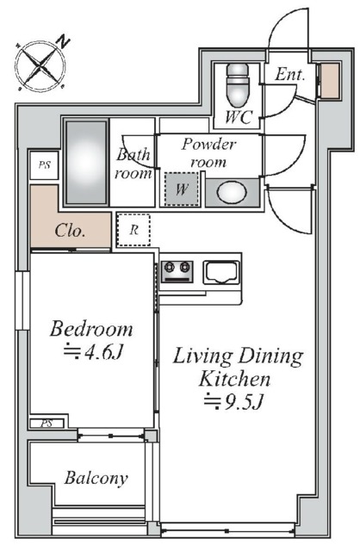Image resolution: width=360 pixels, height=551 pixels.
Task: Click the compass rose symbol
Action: pyautogui.click(x=40, y=65)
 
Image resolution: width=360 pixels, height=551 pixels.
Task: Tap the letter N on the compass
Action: pyautogui.click(x=63, y=41)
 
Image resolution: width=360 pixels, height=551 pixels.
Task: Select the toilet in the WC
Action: pyautogui.click(x=238, y=85)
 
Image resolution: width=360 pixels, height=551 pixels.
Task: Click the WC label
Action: pyautogui.click(x=239, y=117)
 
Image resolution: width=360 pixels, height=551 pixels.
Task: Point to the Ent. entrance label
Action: pyautogui.click(x=289, y=74)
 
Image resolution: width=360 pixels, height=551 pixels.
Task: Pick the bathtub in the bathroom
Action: pyautogui.click(x=86, y=163)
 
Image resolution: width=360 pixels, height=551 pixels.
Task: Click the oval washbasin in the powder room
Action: pyautogui.click(x=232, y=192)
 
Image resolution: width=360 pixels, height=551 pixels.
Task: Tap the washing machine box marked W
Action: pyautogui.click(x=182, y=189)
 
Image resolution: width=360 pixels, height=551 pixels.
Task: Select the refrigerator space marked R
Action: pyautogui.click(x=134, y=230)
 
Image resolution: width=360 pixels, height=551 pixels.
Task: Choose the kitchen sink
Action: pyautogui.click(x=221, y=272)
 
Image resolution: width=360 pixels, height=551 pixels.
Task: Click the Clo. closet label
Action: pyautogui.click(x=70, y=231)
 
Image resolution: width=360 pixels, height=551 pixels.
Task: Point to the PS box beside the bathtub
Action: pyautogui.click(x=44, y=164)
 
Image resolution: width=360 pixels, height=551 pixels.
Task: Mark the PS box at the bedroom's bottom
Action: pyautogui.click(x=47, y=424)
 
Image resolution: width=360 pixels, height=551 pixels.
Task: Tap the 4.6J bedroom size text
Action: pyautogui.click(x=93, y=351)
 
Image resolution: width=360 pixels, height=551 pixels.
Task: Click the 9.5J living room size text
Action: pyautogui.click(x=233, y=401)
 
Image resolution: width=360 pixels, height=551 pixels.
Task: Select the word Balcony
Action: pyautogui.click(x=96, y=479)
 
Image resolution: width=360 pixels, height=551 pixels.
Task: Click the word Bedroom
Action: pyautogui.click(x=91, y=329)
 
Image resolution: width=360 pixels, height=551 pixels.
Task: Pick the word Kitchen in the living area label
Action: pyautogui.click(x=234, y=379)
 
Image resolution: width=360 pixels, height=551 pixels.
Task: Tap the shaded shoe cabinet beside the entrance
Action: pyautogui.click(x=331, y=80)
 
